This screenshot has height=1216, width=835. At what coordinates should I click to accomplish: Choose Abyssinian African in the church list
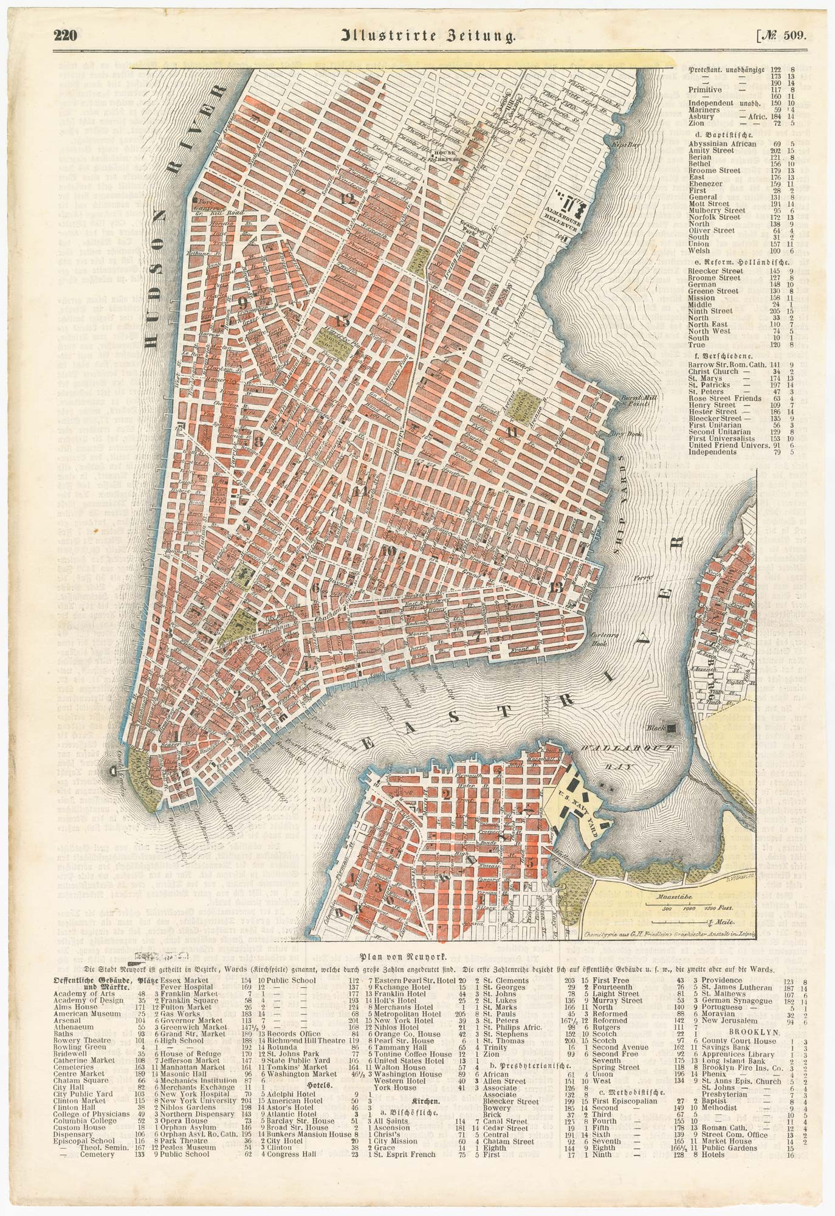tap(722, 143)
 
